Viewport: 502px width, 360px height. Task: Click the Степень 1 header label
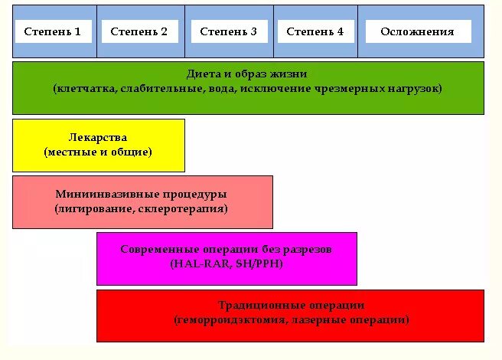[x=52, y=31]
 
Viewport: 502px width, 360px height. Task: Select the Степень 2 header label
[x=139, y=31]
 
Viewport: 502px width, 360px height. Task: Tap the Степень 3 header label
[x=228, y=31]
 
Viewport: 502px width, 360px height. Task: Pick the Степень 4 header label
[x=315, y=31]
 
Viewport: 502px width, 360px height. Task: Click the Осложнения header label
[x=418, y=31]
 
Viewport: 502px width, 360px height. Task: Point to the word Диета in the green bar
[x=202, y=74]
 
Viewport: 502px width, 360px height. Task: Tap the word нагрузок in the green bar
[x=412, y=89]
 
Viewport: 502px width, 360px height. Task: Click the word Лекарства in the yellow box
[x=98, y=137]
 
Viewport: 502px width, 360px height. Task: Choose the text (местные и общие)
[x=98, y=152]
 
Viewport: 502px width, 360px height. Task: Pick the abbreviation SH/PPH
[x=259, y=263]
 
